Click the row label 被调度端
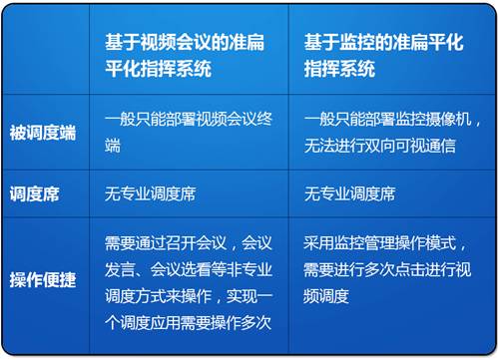[x=42, y=134]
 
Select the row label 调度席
[x=35, y=193]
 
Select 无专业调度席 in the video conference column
[x=150, y=193]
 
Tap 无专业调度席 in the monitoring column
[x=349, y=193]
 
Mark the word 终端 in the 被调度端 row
[x=113, y=146]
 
